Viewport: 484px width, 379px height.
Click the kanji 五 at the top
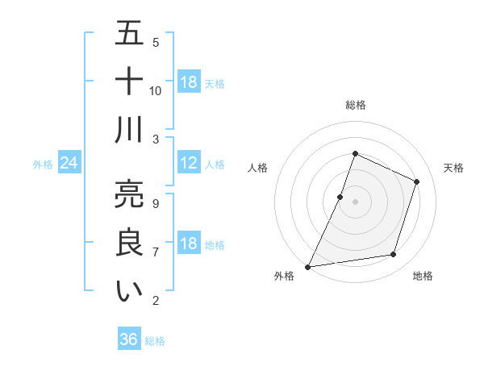click(x=129, y=34)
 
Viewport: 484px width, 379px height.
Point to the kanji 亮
click(x=129, y=194)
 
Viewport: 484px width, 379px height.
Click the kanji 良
click(x=129, y=243)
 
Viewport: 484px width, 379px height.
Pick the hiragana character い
click(x=129, y=292)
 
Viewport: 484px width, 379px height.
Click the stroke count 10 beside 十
click(x=156, y=91)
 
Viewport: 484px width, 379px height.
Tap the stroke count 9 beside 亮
click(x=156, y=203)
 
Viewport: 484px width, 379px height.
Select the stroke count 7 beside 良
click(x=156, y=252)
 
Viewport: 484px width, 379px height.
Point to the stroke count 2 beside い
click(x=156, y=302)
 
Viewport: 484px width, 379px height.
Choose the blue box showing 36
click(x=129, y=339)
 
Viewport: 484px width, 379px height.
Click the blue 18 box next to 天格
click(x=189, y=82)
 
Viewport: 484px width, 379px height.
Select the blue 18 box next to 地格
click(x=189, y=244)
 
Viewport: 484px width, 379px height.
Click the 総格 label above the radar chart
click(x=355, y=106)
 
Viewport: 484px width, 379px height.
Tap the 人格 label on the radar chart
click(x=258, y=168)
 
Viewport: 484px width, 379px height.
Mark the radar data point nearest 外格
click(x=307, y=267)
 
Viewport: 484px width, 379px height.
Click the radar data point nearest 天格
click(x=417, y=181)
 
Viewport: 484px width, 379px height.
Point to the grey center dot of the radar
click(x=355, y=202)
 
